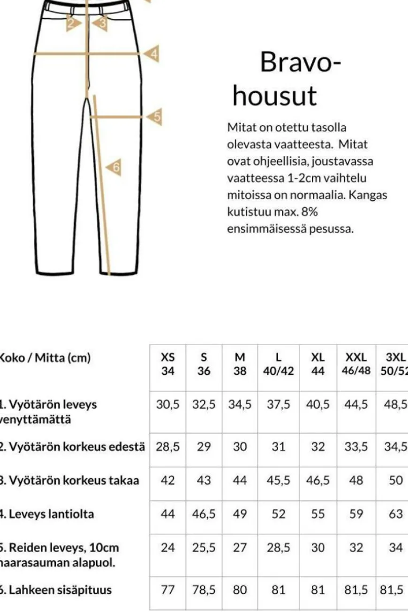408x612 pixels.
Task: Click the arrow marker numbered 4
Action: click(152, 54)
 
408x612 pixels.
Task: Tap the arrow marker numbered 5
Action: click(155, 117)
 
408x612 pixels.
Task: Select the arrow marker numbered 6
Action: click(114, 167)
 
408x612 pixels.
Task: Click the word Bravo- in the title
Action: click(300, 61)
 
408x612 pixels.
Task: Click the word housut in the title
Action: click(275, 96)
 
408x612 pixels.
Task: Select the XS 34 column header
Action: click(168, 364)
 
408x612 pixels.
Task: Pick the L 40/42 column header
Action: click(279, 364)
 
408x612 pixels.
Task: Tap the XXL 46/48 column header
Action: click(356, 364)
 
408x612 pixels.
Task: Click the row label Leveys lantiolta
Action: click(47, 514)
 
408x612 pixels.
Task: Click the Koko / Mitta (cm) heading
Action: click(45, 358)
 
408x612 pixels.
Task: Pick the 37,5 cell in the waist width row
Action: click(279, 405)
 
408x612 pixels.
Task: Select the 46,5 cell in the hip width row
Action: click(204, 514)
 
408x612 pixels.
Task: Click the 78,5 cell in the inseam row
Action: click(204, 589)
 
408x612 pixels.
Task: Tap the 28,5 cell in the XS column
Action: click(168, 446)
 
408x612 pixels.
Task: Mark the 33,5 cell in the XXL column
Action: click(356, 446)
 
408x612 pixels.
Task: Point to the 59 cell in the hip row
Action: click(356, 514)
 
